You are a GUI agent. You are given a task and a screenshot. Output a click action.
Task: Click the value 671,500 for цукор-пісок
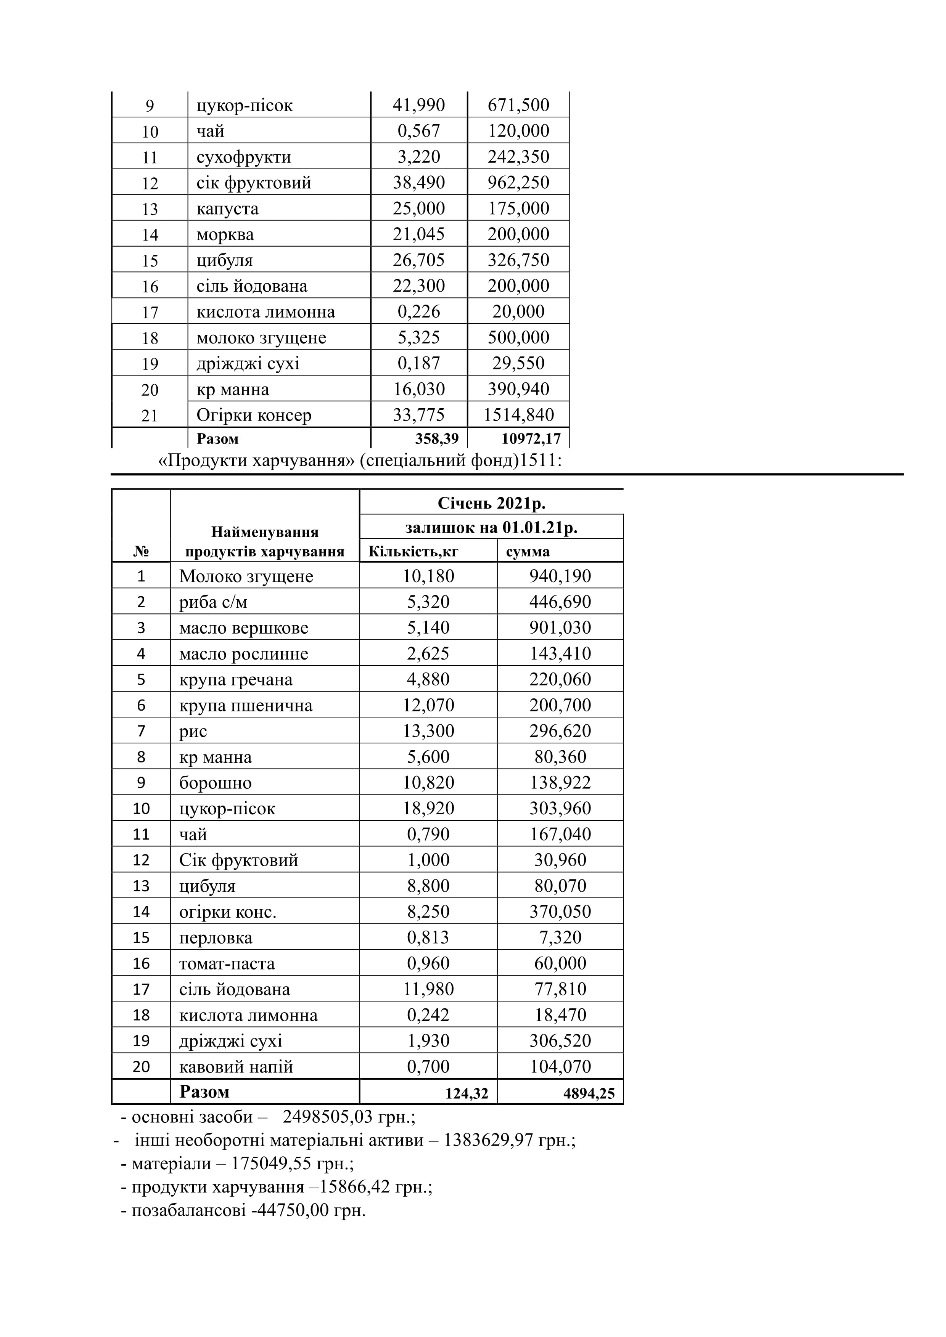point(518,105)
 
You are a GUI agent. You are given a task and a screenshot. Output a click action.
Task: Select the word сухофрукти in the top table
point(243,157)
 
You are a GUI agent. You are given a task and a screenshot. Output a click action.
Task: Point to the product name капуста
point(227,209)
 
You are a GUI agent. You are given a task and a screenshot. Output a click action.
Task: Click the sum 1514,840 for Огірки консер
point(518,415)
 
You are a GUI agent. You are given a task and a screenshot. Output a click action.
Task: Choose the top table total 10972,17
point(531,438)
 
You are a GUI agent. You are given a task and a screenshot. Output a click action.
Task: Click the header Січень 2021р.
point(491,502)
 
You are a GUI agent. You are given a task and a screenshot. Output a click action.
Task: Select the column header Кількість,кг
point(413,551)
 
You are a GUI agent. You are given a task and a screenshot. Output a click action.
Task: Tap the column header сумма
point(527,551)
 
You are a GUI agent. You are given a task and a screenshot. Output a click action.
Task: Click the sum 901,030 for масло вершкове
point(560,628)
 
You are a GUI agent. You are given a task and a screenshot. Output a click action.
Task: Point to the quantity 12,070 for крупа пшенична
point(428,705)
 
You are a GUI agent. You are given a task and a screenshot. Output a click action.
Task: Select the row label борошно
point(215,783)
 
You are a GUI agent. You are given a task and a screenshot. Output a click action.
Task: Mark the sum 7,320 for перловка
point(560,937)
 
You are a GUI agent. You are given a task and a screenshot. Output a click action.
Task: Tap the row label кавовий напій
point(235,1067)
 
